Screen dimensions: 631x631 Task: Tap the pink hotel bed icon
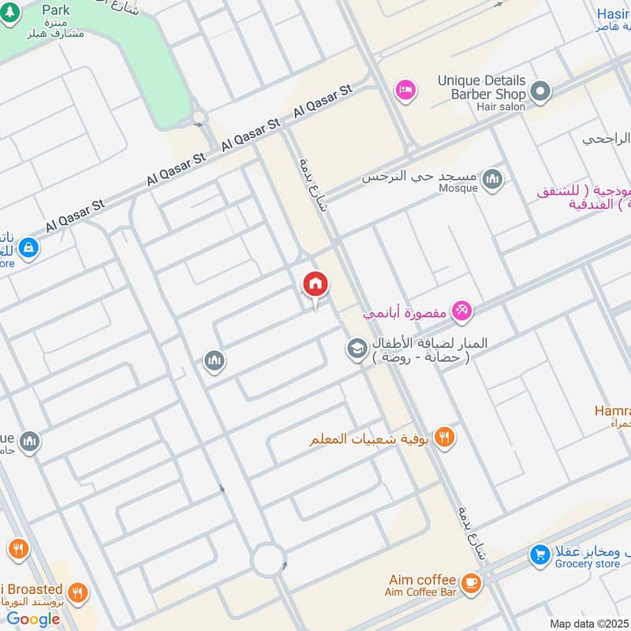click(x=405, y=91)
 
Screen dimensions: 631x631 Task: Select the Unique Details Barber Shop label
click(x=481, y=88)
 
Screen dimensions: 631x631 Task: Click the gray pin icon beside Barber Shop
click(x=540, y=92)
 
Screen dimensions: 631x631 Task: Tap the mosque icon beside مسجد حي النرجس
click(x=493, y=179)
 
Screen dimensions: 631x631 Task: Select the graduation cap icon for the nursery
click(x=357, y=348)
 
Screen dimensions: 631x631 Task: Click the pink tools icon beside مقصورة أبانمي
click(x=462, y=311)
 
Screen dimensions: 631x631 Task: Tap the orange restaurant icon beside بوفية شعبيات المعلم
click(x=445, y=437)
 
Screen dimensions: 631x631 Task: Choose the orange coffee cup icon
click(x=471, y=583)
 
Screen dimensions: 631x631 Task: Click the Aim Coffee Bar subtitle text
click(x=421, y=592)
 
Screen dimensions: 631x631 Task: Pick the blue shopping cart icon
click(x=540, y=555)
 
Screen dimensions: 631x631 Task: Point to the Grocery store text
click(x=587, y=564)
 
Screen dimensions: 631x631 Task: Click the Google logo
click(x=33, y=619)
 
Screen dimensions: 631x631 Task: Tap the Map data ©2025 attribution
click(x=588, y=623)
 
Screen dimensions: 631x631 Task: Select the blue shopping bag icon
click(x=28, y=247)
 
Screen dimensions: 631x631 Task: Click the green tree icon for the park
click(x=10, y=16)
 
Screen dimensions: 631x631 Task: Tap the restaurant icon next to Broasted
click(x=77, y=592)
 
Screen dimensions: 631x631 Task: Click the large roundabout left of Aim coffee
click(x=268, y=562)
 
